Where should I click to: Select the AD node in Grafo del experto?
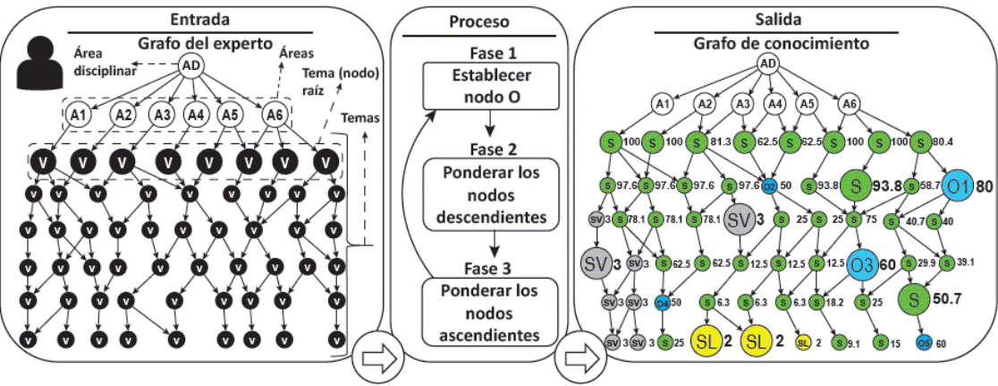click(x=190, y=65)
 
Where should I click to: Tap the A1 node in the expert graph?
click(x=78, y=115)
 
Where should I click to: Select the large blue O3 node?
click(x=862, y=265)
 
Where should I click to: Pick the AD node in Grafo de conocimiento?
click(x=767, y=63)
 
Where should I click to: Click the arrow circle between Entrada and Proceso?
click(x=376, y=359)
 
